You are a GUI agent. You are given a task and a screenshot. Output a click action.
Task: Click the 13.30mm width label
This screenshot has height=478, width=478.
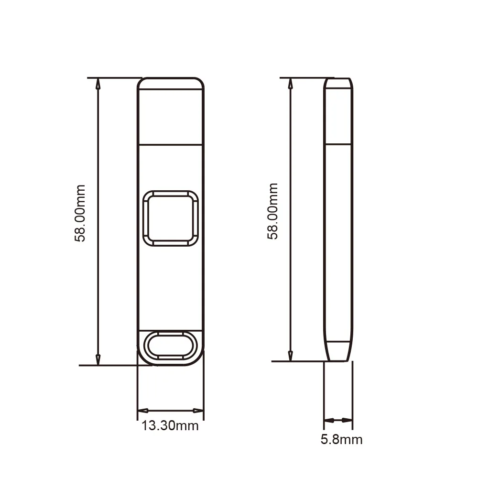click(x=170, y=425)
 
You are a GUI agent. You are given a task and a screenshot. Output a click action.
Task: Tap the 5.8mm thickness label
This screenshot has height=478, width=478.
click(x=341, y=439)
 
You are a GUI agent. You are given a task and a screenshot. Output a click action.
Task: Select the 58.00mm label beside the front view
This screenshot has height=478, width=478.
click(x=80, y=213)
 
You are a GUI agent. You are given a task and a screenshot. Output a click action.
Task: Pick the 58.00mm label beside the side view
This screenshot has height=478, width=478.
click(x=272, y=211)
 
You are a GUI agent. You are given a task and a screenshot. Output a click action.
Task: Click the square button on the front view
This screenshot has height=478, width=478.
click(x=171, y=218)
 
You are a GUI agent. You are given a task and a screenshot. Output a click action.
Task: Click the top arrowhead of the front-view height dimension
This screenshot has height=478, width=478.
click(x=98, y=84)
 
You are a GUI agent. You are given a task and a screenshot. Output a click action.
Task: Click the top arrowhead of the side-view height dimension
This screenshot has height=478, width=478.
click(x=290, y=84)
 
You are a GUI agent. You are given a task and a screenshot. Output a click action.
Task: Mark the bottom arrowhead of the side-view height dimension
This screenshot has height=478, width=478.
click(x=290, y=355)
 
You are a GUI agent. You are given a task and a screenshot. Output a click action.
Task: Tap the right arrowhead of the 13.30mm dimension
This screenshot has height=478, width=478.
click(x=198, y=411)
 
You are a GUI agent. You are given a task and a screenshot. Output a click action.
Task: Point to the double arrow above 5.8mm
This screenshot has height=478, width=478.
click(x=338, y=420)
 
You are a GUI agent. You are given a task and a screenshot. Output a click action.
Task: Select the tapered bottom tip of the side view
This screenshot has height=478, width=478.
click(x=338, y=351)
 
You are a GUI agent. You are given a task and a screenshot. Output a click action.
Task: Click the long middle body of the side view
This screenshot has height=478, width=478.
click(x=338, y=239)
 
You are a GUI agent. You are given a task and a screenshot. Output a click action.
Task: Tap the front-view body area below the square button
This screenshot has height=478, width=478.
click(x=171, y=287)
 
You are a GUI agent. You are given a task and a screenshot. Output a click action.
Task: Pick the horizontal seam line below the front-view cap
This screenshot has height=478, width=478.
click(x=171, y=143)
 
